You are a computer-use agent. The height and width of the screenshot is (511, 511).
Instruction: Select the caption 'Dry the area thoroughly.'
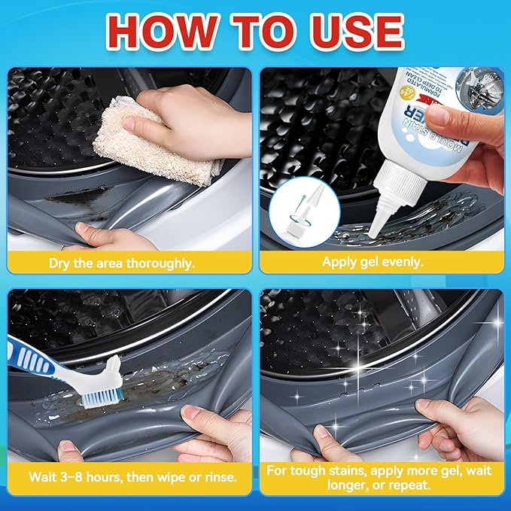tap(127, 263)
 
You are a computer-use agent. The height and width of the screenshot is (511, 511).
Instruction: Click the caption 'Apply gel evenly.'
tap(382, 263)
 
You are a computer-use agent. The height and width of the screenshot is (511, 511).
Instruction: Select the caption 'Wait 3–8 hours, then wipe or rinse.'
tap(127, 477)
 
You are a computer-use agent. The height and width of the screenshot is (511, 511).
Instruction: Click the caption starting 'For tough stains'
tap(382, 477)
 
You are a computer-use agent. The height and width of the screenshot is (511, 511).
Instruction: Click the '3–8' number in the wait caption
tap(71, 477)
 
